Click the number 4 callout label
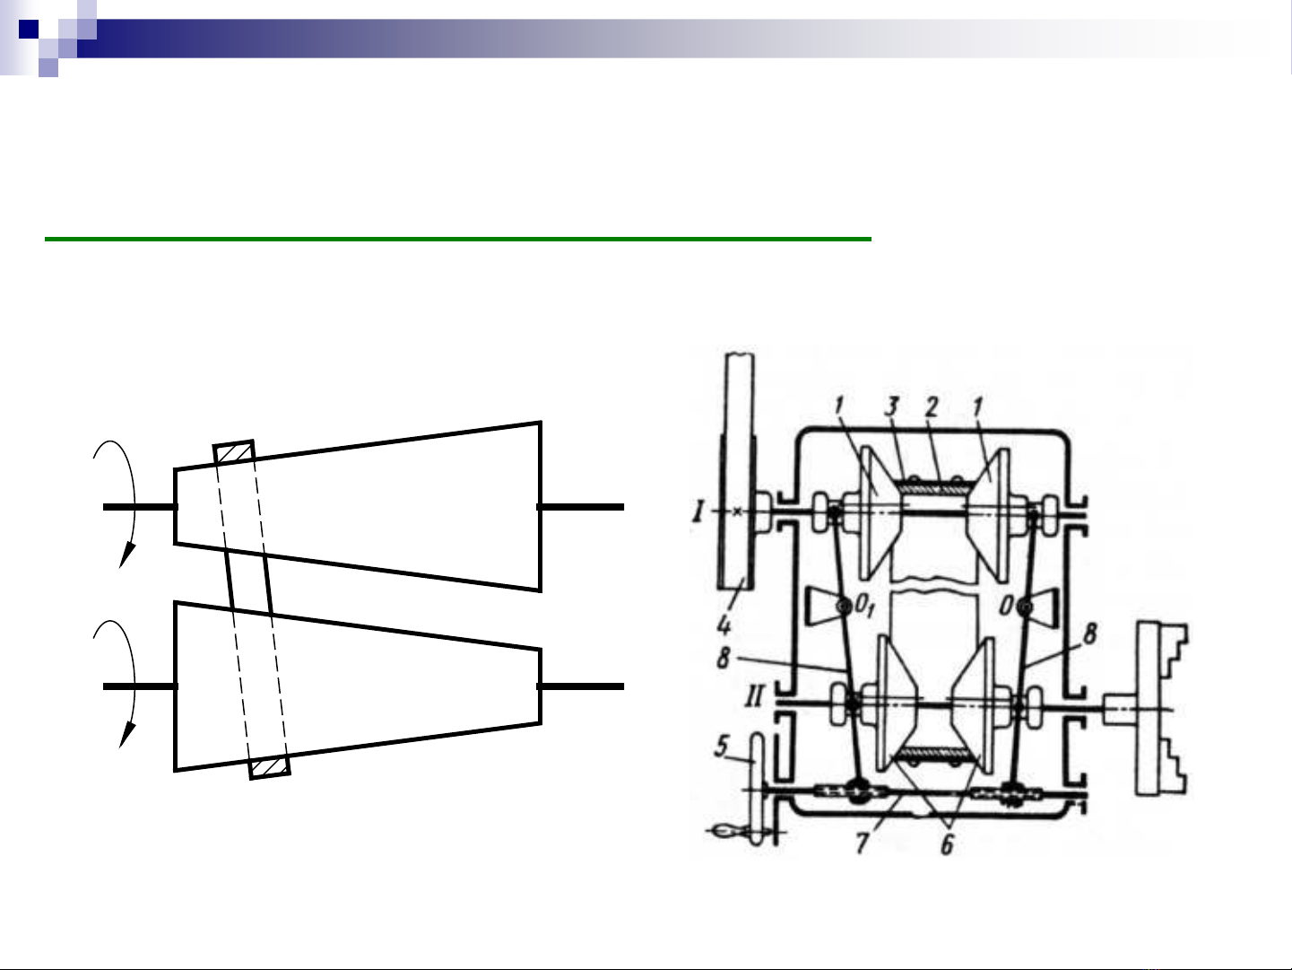pyautogui.click(x=724, y=624)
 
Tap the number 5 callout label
pyautogui.click(x=722, y=747)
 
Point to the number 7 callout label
pyautogui.click(x=863, y=843)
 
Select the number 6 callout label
pyautogui.click(x=947, y=844)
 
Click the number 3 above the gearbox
pyautogui.click(x=892, y=406)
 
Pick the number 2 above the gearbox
pyautogui.click(x=932, y=406)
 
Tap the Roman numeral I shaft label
pyautogui.click(x=698, y=511)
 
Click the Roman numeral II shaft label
pyautogui.click(x=754, y=697)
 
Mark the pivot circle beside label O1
pyautogui.click(x=845, y=605)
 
